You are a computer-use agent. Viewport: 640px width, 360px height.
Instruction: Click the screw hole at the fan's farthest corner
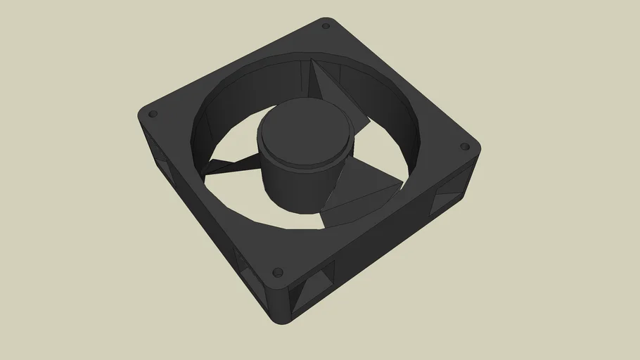pos(326,26)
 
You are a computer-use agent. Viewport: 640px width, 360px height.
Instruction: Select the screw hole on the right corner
pos(464,147)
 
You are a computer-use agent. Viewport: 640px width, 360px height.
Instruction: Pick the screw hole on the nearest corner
pos(276,271)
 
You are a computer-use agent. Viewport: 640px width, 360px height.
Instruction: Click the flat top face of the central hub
pos(304,134)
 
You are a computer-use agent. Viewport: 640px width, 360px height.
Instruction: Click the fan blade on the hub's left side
pos(225,166)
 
